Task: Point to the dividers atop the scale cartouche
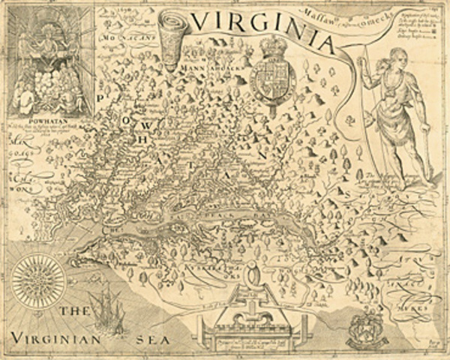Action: point(252,276)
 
